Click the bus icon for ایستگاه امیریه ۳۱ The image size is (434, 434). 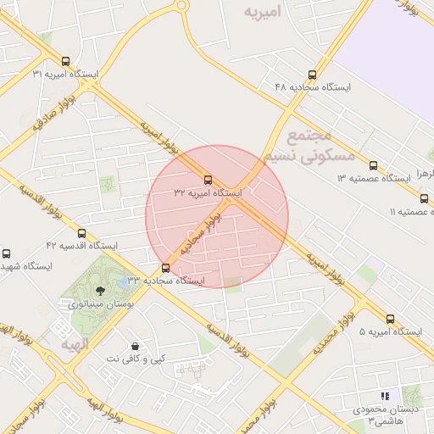(66, 60)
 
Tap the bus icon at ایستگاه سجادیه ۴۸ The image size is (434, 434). (312, 74)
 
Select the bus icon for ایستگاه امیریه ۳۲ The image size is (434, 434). (209, 180)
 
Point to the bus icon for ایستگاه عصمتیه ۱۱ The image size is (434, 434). (424, 198)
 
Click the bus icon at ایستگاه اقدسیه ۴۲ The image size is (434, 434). (81, 233)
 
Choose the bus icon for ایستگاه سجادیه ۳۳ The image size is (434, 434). (164, 268)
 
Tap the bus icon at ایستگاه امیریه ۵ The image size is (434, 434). (390, 319)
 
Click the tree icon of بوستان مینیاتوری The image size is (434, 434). (101, 291)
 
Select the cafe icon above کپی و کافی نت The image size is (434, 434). (136, 346)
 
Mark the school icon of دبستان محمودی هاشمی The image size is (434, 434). (385, 396)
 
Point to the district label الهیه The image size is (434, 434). (75, 345)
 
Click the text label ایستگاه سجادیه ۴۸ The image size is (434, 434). (313, 86)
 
